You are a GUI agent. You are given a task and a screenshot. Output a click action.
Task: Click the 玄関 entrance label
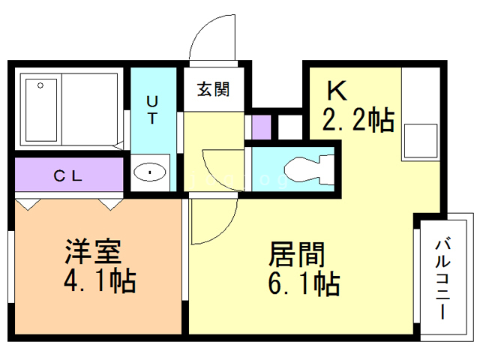coord(213,89)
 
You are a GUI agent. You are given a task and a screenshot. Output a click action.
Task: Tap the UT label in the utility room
coord(151,109)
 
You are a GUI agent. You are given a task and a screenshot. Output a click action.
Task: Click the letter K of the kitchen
coord(335,91)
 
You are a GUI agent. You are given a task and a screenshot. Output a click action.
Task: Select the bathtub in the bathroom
coord(40,109)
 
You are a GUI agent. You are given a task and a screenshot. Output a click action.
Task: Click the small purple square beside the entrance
coord(259,127)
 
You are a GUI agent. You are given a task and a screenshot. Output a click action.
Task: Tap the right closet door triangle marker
coord(111,202)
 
